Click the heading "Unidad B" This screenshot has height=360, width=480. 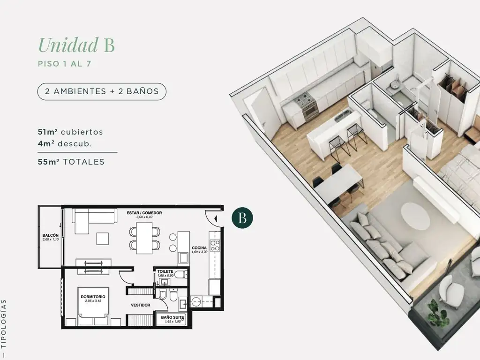click(x=76, y=45)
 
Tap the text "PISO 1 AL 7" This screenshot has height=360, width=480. click(x=65, y=64)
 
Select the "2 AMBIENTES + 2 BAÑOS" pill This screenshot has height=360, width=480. click(x=102, y=91)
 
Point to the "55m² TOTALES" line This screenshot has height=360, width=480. click(x=71, y=162)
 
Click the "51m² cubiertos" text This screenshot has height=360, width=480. click(x=70, y=132)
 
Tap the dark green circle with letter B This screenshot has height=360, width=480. click(x=242, y=218)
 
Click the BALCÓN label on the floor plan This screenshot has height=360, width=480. click(x=51, y=235)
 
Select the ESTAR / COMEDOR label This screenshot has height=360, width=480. click(x=144, y=213)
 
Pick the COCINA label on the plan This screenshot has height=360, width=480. click(x=199, y=248)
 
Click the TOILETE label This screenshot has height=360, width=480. click(x=165, y=271)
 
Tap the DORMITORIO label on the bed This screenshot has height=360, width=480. click(x=93, y=297)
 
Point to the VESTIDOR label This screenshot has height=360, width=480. click(x=141, y=305)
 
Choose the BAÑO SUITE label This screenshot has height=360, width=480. click(x=172, y=317)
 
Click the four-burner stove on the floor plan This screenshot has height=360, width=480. click(x=215, y=246)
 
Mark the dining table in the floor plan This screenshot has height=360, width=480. click(x=144, y=238)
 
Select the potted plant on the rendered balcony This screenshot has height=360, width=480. click(x=438, y=313)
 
